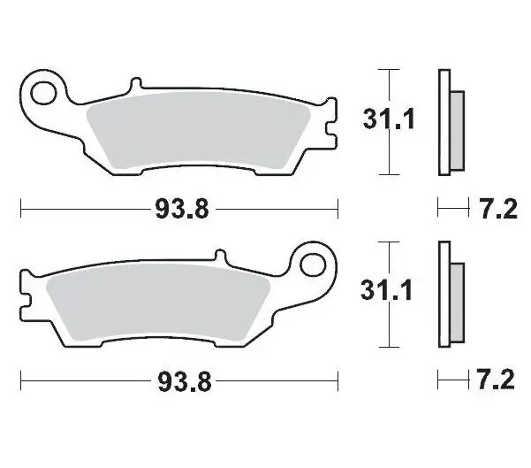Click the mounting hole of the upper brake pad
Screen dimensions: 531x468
[43, 93]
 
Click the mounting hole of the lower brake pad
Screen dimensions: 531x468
[312, 265]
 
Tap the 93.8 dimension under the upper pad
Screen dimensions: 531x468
[182, 209]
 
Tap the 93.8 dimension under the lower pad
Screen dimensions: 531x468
[185, 381]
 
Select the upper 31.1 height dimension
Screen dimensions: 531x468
[389, 119]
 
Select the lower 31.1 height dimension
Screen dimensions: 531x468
[386, 290]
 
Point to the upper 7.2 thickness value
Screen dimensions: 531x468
[498, 209]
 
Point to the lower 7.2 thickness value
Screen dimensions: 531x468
[496, 380]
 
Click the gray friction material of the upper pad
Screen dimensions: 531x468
[198, 131]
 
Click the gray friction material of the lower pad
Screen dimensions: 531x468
[158, 302]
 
